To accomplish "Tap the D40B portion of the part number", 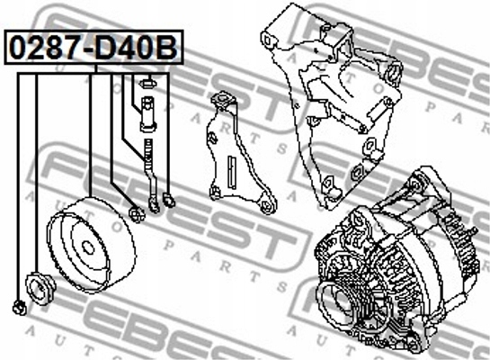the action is (137, 47).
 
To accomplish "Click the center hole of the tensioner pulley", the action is (88, 247).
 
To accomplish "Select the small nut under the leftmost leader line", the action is (20, 308).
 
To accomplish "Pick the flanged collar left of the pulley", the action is (40, 288).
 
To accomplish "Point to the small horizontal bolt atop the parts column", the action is (149, 84).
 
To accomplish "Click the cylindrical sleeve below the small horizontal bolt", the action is (148, 114).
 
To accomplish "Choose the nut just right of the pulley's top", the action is (137, 213).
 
